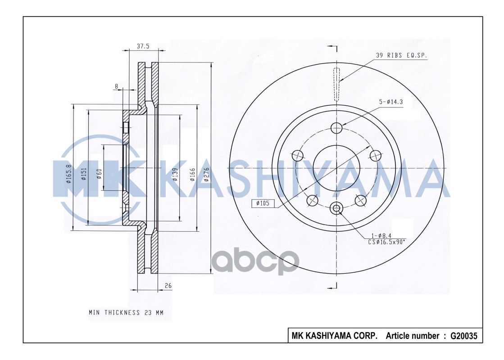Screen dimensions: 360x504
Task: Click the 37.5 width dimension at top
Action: (x=143, y=45)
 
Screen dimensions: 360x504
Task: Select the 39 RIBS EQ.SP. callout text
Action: (x=401, y=55)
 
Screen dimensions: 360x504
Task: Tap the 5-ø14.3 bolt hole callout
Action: (x=390, y=102)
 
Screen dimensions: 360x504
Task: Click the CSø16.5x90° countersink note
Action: (x=386, y=242)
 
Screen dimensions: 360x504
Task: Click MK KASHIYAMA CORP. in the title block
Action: (x=335, y=336)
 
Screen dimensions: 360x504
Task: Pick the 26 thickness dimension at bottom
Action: (x=168, y=286)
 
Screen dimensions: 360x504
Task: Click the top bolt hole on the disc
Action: (x=336, y=128)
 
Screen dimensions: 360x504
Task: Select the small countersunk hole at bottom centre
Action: (x=336, y=208)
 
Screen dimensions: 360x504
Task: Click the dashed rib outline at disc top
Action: (x=337, y=84)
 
